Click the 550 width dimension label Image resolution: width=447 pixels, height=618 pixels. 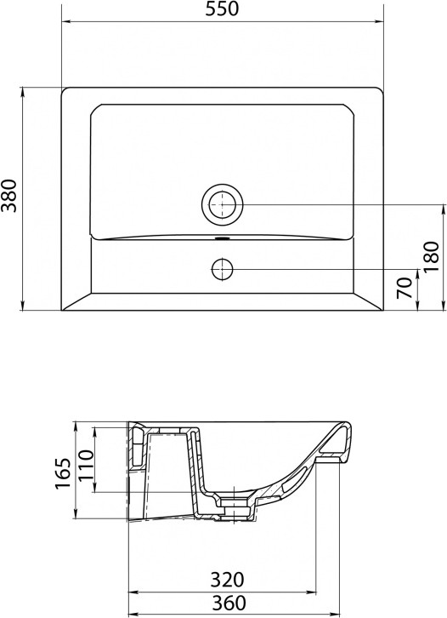click(x=222, y=9)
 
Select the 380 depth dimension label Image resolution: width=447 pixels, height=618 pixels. click(x=9, y=196)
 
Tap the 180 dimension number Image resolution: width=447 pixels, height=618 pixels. click(x=431, y=256)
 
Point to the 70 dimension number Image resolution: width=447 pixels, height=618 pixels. click(x=405, y=288)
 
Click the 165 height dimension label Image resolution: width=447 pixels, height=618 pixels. click(x=63, y=473)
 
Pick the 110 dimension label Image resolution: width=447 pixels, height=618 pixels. click(x=86, y=465)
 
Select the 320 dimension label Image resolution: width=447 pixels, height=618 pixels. click(x=228, y=580)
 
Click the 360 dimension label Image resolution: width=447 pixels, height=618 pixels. click(x=229, y=603)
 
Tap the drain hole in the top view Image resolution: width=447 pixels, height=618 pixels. click(x=223, y=204)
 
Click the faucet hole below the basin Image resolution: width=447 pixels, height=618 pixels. click(x=223, y=270)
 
